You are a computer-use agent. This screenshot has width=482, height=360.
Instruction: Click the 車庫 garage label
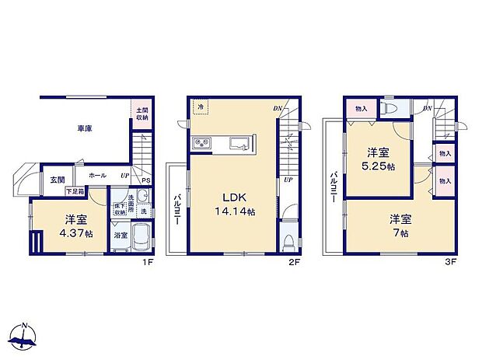point(85,128)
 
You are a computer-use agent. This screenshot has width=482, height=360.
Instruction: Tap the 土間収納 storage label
point(141,114)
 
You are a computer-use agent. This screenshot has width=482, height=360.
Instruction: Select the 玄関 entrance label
point(58,180)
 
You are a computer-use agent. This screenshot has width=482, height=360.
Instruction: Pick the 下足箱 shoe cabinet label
point(74,190)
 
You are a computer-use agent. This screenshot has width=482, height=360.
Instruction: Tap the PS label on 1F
point(145,183)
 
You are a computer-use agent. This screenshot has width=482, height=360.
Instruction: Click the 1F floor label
point(148,262)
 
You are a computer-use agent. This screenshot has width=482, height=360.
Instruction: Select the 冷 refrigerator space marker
point(201,107)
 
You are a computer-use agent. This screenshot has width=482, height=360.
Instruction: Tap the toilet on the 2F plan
point(289,239)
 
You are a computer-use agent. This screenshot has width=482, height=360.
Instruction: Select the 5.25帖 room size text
point(379,165)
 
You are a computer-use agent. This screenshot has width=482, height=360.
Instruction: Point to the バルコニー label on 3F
point(333,187)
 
